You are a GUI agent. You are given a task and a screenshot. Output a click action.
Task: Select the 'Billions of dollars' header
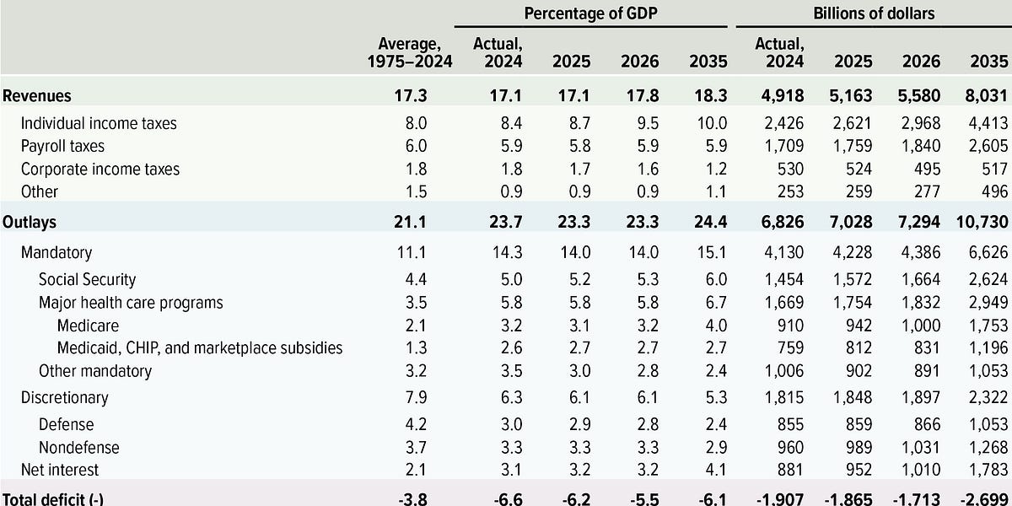click(x=874, y=13)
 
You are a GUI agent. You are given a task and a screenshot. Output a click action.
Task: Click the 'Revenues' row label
click(x=35, y=96)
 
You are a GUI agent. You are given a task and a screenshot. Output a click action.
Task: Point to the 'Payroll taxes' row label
click(x=62, y=146)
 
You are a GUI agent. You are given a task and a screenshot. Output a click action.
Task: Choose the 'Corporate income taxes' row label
click(x=100, y=169)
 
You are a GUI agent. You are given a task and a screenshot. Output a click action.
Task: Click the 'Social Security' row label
click(x=87, y=279)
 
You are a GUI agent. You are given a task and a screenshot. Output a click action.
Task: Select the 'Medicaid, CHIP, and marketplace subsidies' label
click(x=200, y=347)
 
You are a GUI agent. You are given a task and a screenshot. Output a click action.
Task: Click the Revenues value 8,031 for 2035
click(x=987, y=96)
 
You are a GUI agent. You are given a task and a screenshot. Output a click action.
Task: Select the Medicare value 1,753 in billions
click(x=988, y=325)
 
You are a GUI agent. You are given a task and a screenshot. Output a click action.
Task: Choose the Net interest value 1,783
click(x=988, y=469)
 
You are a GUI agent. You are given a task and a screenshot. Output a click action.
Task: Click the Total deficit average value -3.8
click(x=414, y=499)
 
